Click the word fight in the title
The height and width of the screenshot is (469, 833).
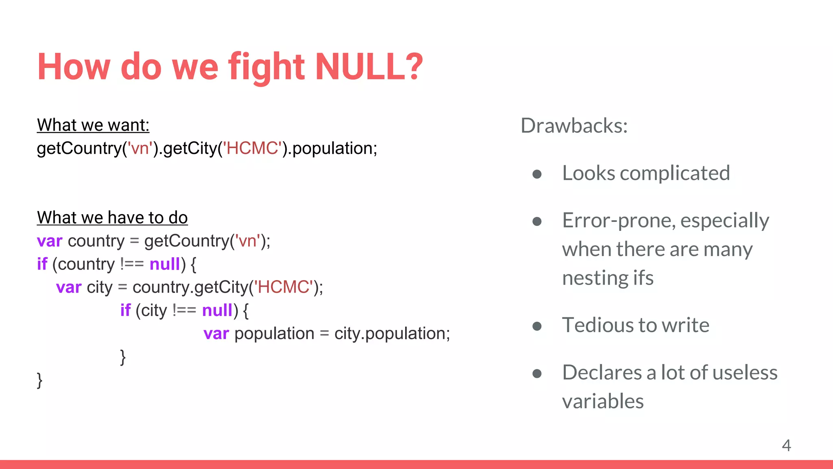tap(266, 67)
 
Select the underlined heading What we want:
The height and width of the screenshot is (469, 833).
tap(93, 125)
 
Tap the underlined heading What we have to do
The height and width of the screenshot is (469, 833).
tap(112, 218)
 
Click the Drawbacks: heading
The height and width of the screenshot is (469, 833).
tap(574, 125)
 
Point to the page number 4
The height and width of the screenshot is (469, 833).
tap(786, 445)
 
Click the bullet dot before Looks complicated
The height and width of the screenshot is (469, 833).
tap(537, 174)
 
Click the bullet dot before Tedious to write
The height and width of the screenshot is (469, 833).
tap(537, 326)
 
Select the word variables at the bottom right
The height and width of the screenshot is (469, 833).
tap(603, 401)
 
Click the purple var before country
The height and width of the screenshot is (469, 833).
tap(50, 241)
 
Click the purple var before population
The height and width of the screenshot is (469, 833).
tap(216, 334)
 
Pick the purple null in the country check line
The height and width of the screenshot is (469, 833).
tap(165, 264)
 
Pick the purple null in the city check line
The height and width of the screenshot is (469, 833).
tap(217, 311)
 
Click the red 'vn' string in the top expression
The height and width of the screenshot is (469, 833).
tap(140, 149)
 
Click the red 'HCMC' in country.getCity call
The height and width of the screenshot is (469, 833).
tap(284, 287)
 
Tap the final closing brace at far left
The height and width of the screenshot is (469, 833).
tap(39, 380)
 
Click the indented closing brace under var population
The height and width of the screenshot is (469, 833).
tap(123, 357)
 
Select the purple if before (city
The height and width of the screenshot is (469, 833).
tap(125, 311)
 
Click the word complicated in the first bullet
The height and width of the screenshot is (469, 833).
tap(675, 173)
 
